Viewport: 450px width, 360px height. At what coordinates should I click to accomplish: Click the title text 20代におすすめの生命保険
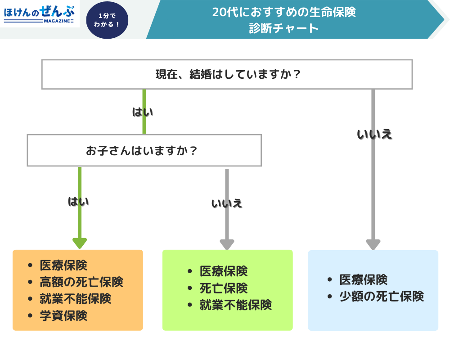tap(284, 12)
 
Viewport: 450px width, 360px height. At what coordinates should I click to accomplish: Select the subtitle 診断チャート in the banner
tap(284, 28)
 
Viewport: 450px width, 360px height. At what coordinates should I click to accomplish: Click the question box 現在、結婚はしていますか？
tap(227, 74)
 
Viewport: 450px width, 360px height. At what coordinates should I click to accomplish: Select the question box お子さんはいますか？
tap(144, 150)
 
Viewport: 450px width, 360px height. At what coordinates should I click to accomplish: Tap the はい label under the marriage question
tap(143, 112)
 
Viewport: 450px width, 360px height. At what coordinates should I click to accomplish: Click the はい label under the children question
tap(78, 201)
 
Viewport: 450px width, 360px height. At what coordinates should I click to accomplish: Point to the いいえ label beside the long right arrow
tap(374, 134)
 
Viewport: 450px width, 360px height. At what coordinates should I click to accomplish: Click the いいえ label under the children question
tap(227, 203)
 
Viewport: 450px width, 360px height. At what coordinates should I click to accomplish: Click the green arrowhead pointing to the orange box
tap(80, 243)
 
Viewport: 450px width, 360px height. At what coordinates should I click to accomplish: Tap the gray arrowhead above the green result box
tap(227, 244)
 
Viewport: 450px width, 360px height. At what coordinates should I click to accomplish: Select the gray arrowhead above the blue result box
tap(373, 244)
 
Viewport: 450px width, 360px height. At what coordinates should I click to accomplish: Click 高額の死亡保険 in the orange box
tap(81, 282)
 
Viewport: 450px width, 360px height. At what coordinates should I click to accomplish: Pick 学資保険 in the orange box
tap(63, 315)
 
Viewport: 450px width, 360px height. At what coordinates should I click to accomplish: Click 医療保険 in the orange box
tap(63, 265)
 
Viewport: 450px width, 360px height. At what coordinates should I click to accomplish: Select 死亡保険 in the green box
tap(224, 288)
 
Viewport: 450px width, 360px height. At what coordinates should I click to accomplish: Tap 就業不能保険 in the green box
tap(235, 305)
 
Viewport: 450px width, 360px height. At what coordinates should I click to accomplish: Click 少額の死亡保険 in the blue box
tap(382, 297)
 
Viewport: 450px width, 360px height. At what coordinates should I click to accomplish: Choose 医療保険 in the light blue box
tap(364, 280)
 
